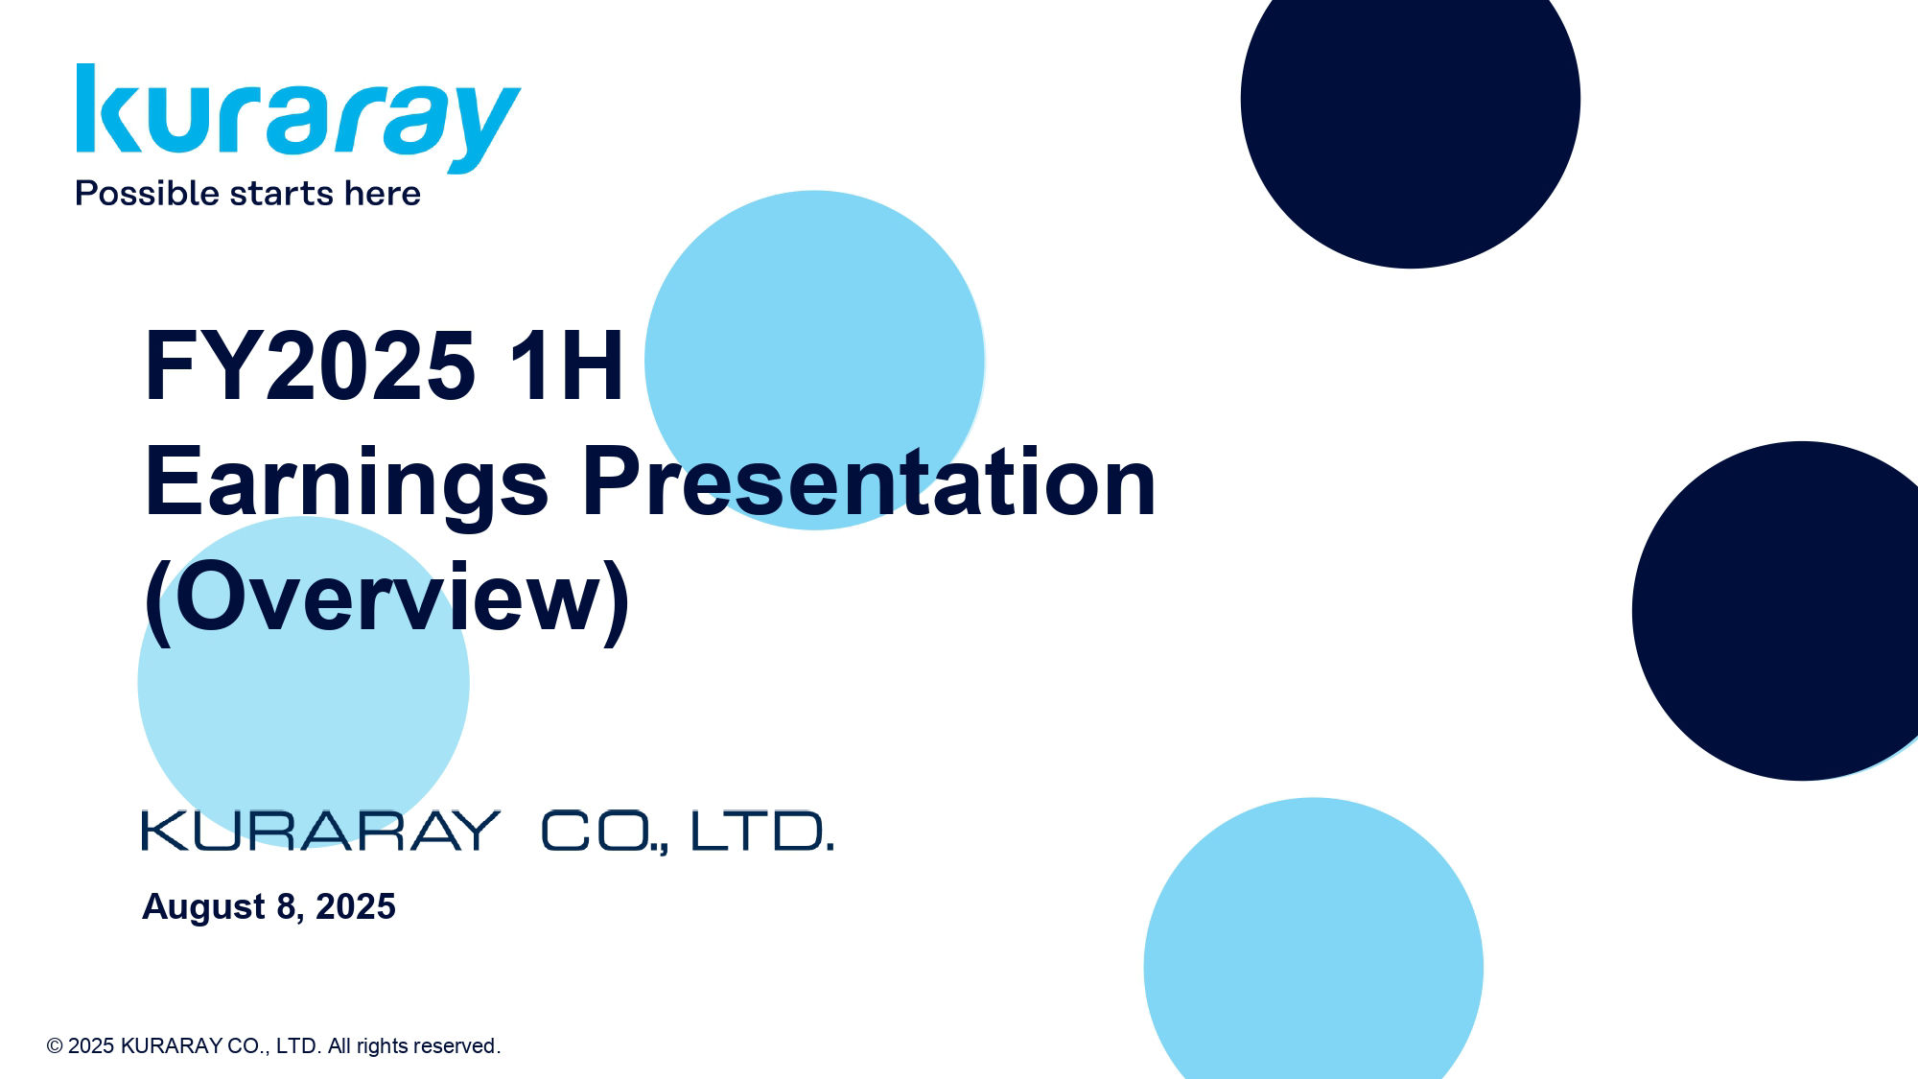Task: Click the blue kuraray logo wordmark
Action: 298,117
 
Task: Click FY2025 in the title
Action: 309,365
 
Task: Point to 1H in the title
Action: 566,365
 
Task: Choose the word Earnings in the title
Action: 346,482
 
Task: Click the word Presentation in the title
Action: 868,482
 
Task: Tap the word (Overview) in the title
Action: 386,598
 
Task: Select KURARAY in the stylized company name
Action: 320,831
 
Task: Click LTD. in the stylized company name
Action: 761,831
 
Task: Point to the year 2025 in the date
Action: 355,906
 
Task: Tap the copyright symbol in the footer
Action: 55,1046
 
